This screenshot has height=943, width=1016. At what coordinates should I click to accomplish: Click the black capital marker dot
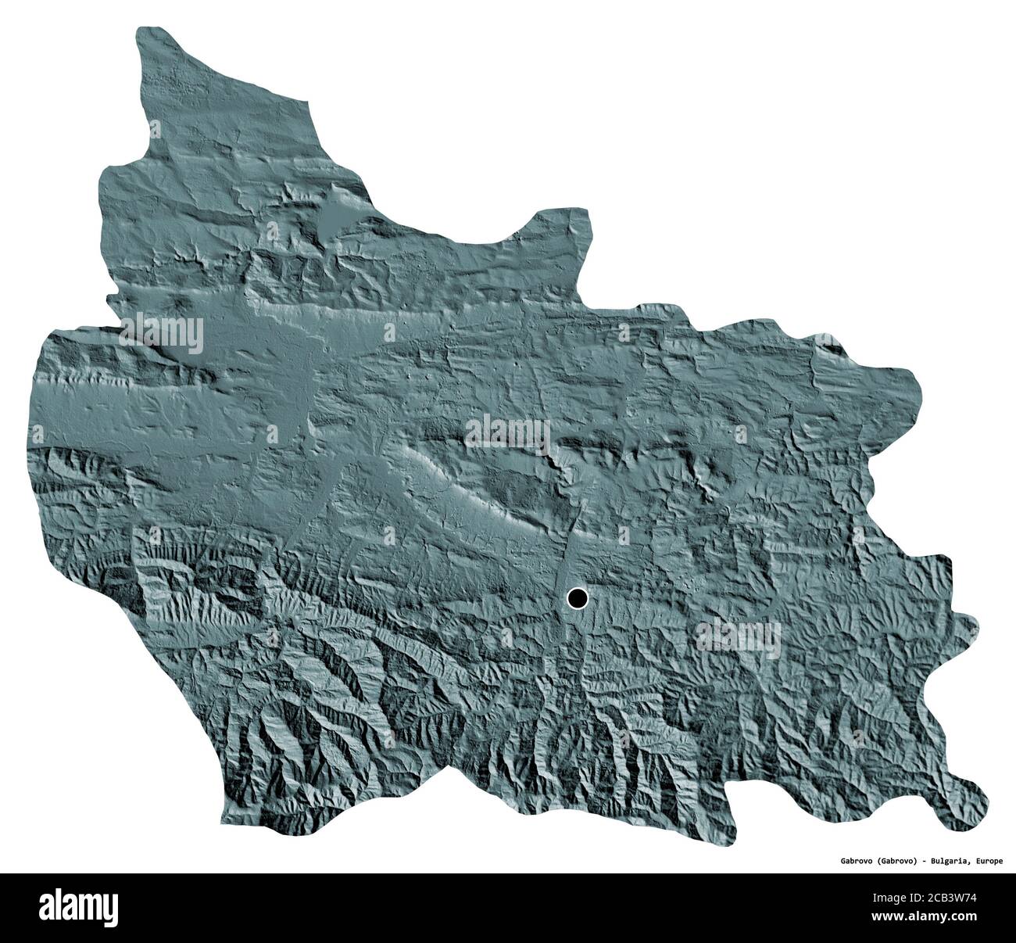[x=577, y=599]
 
